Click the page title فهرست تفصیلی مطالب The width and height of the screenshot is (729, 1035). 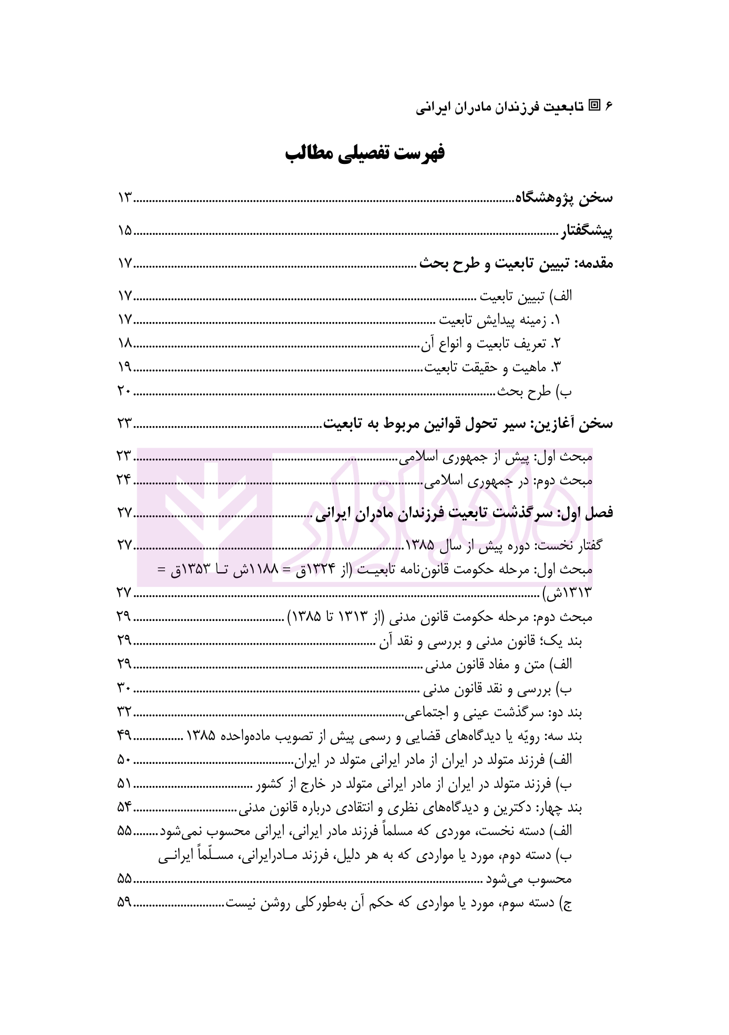point(364,153)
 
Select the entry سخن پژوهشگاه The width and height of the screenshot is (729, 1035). point(563,198)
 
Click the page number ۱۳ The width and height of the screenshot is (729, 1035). point(125,199)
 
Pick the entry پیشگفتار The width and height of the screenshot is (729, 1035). point(586,231)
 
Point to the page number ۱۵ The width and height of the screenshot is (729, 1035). point(125,231)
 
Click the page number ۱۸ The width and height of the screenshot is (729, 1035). point(125,344)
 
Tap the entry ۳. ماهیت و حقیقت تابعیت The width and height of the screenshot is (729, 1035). point(494,367)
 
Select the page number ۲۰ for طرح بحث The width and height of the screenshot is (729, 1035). point(125,391)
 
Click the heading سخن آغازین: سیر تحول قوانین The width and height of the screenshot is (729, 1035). point(467,424)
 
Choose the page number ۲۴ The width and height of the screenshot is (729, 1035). point(125,480)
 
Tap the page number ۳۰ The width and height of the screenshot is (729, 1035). point(125,688)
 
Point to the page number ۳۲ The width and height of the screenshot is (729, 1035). point(125,712)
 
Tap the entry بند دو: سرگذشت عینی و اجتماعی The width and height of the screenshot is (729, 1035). point(494,713)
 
